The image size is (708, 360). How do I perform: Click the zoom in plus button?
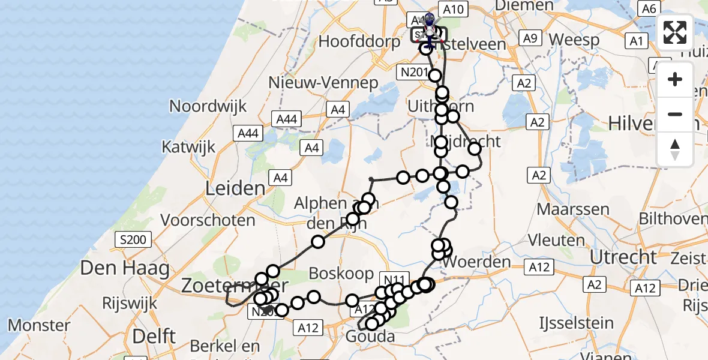[x=675, y=79]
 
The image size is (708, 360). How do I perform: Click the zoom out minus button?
[x=675, y=114]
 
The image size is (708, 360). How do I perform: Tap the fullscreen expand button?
[x=675, y=32]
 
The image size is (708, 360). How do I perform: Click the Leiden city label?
[x=235, y=188]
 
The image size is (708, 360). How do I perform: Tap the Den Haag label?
[x=125, y=268]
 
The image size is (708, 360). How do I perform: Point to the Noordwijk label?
[x=208, y=106]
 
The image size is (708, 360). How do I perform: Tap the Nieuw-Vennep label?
[x=323, y=82]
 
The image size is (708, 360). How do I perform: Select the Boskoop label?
[x=341, y=273]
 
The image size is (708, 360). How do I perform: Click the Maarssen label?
[x=573, y=210]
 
